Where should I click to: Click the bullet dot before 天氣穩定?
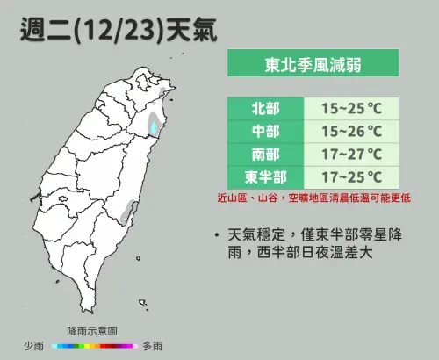[x=216, y=235]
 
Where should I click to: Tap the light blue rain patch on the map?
[x=155, y=128]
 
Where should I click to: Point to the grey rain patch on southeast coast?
[x=132, y=210]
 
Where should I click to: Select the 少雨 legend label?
[x=34, y=346]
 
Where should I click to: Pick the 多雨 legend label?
[x=151, y=346]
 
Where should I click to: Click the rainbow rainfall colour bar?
[x=92, y=346]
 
